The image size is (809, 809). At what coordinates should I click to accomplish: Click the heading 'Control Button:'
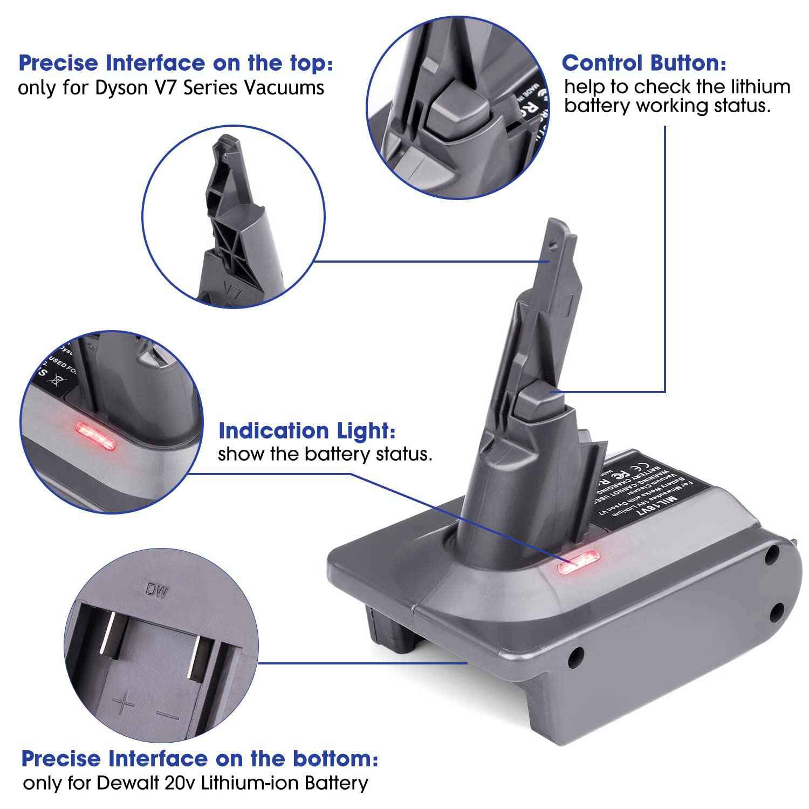pos(644,63)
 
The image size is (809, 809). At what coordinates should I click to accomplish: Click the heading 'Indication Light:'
pos(307,431)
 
